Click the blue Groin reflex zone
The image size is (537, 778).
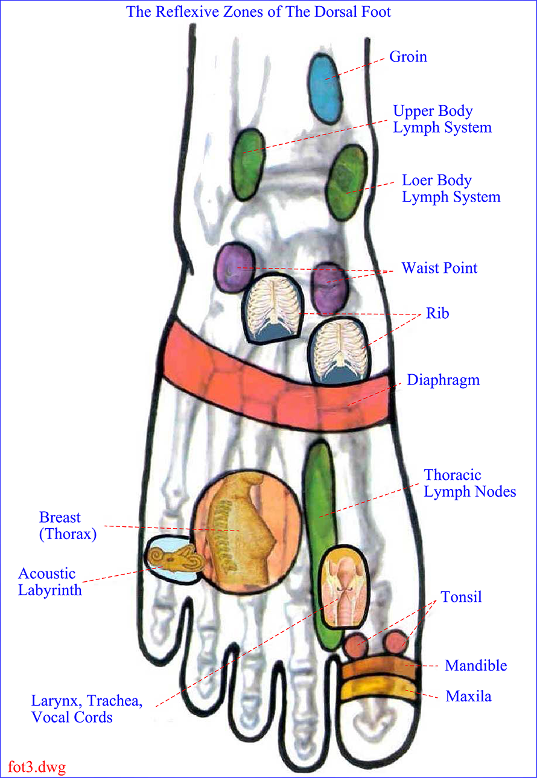pyautogui.click(x=325, y=88)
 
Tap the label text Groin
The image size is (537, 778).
pyautogui.click(x=408, y=57)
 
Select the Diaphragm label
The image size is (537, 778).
pyautogui.click(x=443, y=380)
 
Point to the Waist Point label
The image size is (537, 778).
pyautogui.click(x=439, y=268)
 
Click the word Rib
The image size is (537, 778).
pyautogui.click(x=437, y=313)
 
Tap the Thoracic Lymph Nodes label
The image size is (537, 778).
pyautogui.click(x=469, y=483)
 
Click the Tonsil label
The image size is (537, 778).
pyautogui.click(x=462, y=597)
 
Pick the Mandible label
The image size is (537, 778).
pyautogui.click(x=476, y=666)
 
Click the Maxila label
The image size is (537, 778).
pyautogui.click(x=469, y=697)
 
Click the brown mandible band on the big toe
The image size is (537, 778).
pyautogui.click(x=378, y=668)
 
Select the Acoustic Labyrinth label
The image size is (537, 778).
pyautogui.click(x=50, y=582)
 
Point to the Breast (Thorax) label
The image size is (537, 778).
pyautogui.click(x=68, y=526)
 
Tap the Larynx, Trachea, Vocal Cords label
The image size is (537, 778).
pyautogui.click(x=87, y=709)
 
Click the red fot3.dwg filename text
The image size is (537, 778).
pyautogui.click(x=37, y=767)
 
